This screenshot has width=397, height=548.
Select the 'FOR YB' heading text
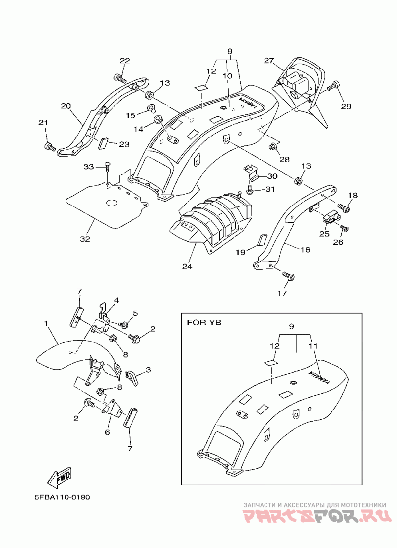click(x=204, y=322)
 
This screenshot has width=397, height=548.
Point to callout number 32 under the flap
click(x=85, y=239)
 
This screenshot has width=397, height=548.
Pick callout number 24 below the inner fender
click(x=187, y=267)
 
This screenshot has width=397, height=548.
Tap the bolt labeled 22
click(x=119, y=77)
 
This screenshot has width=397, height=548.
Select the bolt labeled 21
click(x=49, y=146)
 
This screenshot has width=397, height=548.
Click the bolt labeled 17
click(x=288, y=276)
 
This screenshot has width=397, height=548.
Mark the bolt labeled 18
click(x=344, y=208)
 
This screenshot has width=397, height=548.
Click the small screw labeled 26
click(x=344, y=228)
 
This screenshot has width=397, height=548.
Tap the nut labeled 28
click(x=273, y=147)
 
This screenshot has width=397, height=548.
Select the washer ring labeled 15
click(x=151, y=108)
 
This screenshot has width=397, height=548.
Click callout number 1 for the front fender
click(x=46, y=324)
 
